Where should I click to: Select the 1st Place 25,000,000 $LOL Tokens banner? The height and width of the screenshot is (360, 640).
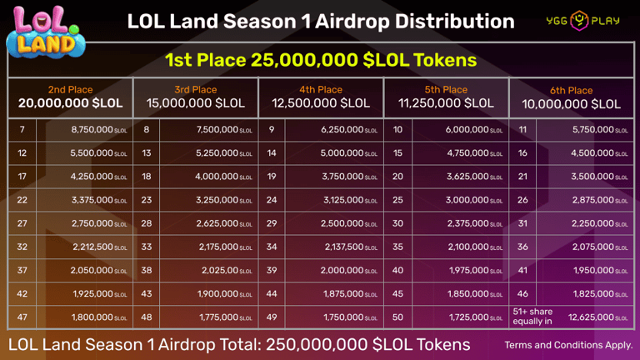pos(320,60)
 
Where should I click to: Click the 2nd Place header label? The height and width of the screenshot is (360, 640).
pos(70,90)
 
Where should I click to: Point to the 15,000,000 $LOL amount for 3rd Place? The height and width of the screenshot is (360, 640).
pos(195,104)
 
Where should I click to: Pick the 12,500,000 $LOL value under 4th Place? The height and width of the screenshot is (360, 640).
pos(321,104)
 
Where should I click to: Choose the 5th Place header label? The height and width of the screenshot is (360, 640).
pos(446,90)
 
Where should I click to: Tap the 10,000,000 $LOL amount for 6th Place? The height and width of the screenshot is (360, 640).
pos(572,104)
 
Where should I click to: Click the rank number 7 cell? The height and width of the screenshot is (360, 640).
pos(22,130)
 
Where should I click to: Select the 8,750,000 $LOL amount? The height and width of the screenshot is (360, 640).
pos(99,130)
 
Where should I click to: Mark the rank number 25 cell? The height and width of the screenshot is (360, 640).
pos(397,200)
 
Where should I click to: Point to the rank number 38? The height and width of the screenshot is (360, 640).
pos(147,270)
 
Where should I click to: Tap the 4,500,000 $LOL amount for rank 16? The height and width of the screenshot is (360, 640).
pos(598,153)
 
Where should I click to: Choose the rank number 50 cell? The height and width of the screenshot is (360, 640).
pos(397,317)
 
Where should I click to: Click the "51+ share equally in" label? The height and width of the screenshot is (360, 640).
pos(532,317)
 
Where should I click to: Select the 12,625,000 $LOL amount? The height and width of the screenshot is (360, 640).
pos(597,317)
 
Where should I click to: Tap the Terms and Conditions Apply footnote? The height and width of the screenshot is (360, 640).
pos(568,345)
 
